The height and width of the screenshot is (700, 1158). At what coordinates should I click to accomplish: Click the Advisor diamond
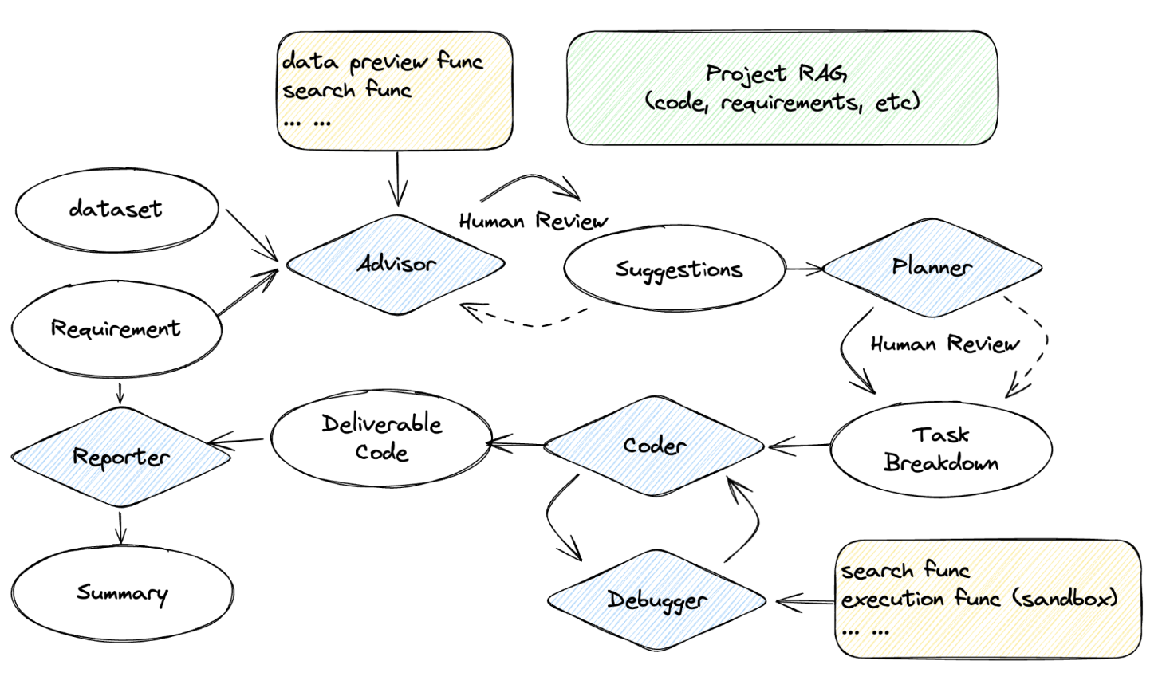pyautogui.click(x=396, y=264)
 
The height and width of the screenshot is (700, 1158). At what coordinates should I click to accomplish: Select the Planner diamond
pyautogui.click(x=932, y=267)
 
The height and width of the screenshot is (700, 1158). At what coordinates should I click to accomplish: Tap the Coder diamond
pyautogui.click(x=654, y=445)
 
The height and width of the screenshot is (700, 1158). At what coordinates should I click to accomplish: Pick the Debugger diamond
pyautogui.click(x=656, y=600)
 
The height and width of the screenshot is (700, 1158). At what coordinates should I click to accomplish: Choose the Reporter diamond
pyautogui.click(x=120, y=457)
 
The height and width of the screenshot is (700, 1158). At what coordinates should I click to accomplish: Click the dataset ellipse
pyautogui.click(x=116, y=210)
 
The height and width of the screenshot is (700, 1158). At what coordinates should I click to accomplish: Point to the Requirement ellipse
pyautogui.click(x=116, y=328)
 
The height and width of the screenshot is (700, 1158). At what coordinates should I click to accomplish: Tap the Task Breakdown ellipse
pyautogui.click(x=941, y=448)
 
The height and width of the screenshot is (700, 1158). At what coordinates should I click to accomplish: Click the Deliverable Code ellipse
pyautogui.click(x=381, y=438)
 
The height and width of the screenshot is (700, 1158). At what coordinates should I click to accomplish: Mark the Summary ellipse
pyautogui.click(x=122, y=593)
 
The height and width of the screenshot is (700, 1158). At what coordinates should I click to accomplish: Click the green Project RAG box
pyautogui.click(x=782, y=88)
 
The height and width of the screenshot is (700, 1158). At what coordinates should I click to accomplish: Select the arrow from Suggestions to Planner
pyautogui.click(x=804, y=269)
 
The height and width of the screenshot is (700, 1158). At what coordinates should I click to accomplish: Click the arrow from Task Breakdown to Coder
pyautogui.click(x=798, y=446)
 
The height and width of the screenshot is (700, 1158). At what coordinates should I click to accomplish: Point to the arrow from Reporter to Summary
pyautogui.click(x=120, y=528)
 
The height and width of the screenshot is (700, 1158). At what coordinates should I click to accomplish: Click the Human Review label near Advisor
pyautogui.click(x=533, y=221)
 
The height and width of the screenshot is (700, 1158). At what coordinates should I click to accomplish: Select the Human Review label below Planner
pyautogui.click(x=944, y=344)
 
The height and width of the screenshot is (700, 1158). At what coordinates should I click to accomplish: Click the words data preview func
pyautogui.click(x=383, y=61)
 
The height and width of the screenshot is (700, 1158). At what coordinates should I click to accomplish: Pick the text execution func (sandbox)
pyautogui.click(x=979, y=599)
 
